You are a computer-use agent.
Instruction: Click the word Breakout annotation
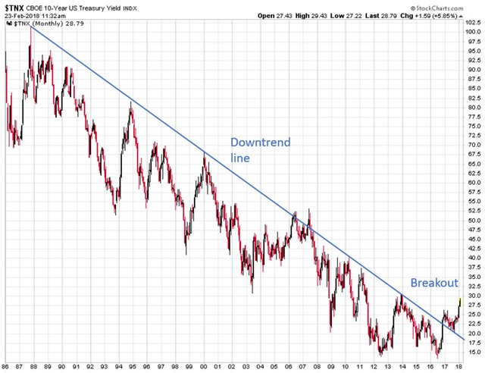(x=434, y=283)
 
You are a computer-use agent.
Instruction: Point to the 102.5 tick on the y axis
(x=472, y=23)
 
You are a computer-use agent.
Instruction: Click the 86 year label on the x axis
(x=6, y=367)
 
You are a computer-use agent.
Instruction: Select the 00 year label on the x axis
(x=204, y=367)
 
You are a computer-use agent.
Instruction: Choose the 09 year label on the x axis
(x=331, y=367)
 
